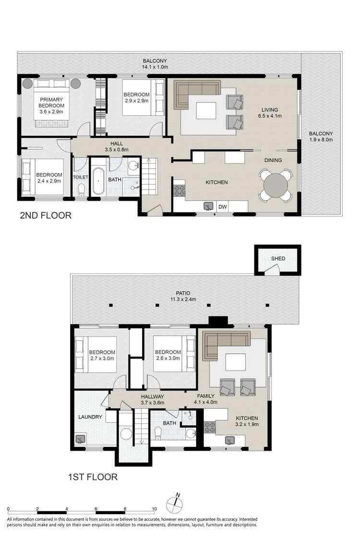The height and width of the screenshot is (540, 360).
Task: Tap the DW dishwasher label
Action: pos(223,206)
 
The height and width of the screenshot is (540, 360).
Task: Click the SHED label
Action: pos(278,258)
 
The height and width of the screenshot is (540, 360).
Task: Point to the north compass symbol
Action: pos(174,504)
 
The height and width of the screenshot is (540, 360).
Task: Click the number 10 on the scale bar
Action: pos(155,509)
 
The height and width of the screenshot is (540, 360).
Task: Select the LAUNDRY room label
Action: pos(90,417)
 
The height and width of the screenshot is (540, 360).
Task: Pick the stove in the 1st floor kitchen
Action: pos(209,427)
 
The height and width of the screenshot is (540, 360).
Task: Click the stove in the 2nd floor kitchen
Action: pos(179,191)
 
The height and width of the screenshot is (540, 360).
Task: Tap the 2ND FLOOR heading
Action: pos(46,216)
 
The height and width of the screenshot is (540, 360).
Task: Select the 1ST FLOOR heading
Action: pos(93,477)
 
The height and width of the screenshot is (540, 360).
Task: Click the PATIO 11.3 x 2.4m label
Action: pos(183,296)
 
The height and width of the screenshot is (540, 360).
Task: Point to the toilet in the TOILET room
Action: pos(81,190)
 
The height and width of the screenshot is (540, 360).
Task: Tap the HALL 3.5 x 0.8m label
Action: pos(117,146)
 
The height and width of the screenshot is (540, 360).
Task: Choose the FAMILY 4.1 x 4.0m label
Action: pos(205,399)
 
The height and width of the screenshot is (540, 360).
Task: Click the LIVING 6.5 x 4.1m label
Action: pos(270,113)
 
